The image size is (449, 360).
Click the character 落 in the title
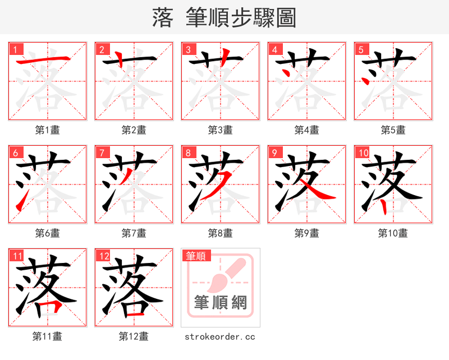[x=162, y=18]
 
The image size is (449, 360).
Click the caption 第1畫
[x=47, y=130]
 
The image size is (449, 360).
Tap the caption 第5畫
[x=393, y=130]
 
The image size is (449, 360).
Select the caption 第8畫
[x=220, y=233]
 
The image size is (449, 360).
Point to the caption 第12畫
[x=134, y=336]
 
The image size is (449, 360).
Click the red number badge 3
[x=188, y=49]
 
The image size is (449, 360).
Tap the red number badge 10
[x=363, y=153]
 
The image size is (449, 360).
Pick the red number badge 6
[x=16, y=153]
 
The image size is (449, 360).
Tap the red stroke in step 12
[x=135, y=315]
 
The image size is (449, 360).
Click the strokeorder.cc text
[x=220, y=336]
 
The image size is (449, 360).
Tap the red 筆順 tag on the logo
[x=196, y=256]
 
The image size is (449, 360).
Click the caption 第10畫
[x=393, y=233]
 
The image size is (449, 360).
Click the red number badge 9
[x=274, y=153]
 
